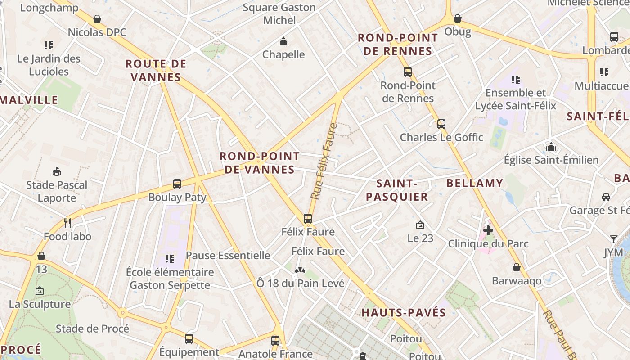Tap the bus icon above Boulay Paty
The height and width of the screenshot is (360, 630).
point(177,184)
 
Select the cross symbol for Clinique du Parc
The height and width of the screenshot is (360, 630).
point(488,231)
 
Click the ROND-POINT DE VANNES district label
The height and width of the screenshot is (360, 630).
point(259,163)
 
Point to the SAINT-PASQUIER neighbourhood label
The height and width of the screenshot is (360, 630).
point(396,190)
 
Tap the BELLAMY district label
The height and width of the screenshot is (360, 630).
point(474,183)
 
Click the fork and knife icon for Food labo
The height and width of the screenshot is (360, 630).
point(67,223)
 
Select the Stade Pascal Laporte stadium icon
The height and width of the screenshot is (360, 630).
point(57,171)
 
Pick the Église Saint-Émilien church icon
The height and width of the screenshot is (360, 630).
point(551,147)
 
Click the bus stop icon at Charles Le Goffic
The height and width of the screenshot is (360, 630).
point(441,124)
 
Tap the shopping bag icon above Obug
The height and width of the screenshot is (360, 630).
point(458,18)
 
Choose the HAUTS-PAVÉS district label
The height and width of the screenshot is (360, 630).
point(404,313)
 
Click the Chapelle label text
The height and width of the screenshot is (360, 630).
point(283,54)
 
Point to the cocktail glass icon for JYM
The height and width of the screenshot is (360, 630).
point(614,239)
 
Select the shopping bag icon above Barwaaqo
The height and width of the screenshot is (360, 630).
point(517,267)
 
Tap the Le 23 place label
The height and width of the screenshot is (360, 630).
point(420,238)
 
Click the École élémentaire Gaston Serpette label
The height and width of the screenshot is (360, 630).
point(170,279)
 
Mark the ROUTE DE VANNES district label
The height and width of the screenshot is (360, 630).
point(156,70)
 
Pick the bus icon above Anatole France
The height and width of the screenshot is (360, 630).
point(275,341)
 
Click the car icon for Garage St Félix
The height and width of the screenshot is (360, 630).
point(606,197)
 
